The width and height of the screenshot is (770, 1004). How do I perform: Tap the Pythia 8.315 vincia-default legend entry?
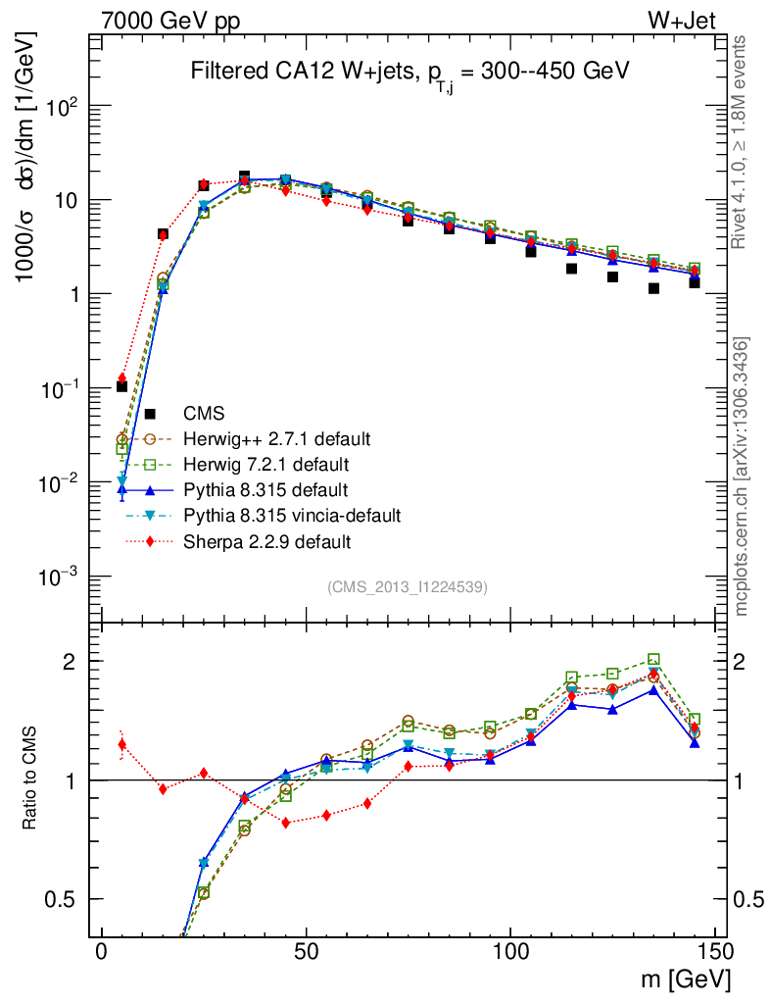coord(291,515)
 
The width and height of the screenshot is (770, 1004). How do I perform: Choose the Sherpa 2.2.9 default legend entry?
coord(267,540)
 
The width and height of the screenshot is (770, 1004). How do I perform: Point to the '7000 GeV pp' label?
coord(170,21)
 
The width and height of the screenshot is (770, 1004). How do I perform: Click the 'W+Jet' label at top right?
coord(685,21)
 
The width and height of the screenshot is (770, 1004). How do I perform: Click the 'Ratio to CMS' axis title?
coord(32,779)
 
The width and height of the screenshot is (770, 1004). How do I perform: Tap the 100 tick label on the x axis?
coord(510,953)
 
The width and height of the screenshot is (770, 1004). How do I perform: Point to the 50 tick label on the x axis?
coord(306,953)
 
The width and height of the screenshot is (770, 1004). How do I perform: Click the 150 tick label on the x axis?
coord(714,953)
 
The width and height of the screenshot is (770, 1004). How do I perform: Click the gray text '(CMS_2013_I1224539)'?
coord(408,586)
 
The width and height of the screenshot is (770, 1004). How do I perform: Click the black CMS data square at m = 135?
coord(653,288)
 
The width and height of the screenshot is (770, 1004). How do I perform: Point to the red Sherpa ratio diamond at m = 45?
coord(286,823)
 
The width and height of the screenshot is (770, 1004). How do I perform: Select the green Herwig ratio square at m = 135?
coord(653,660)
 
